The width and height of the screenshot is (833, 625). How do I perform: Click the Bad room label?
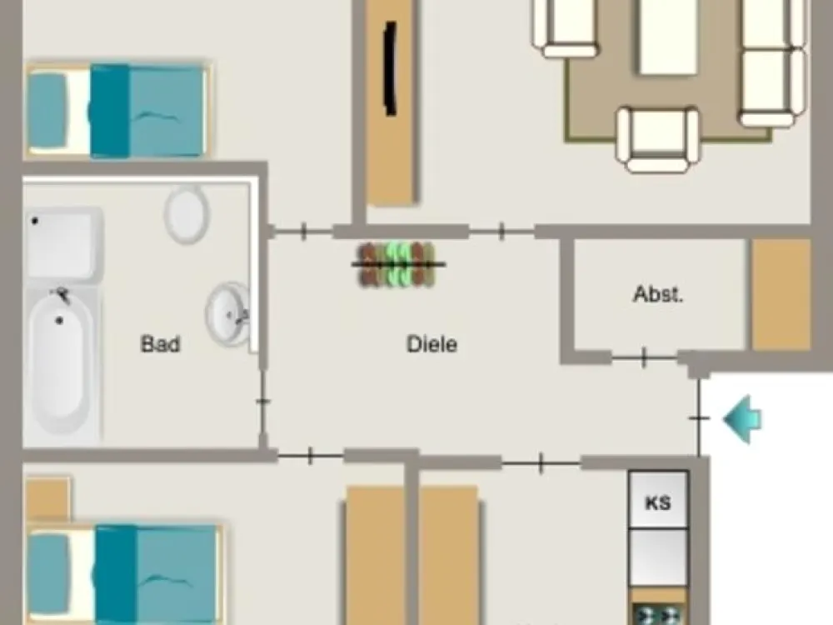[x=161, y=344]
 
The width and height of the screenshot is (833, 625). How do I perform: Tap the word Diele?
[x=431, y=344]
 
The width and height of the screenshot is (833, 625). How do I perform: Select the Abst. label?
[x=658, y=294]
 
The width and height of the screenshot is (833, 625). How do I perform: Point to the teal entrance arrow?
[x=743, y=419]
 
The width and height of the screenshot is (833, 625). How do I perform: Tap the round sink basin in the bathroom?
[x=228, y=313]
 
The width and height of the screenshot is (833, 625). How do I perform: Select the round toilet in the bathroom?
[x=187, y=214]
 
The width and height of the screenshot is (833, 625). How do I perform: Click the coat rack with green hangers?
[x=398, y=264]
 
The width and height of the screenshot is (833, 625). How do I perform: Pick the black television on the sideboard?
[x=391, y=68]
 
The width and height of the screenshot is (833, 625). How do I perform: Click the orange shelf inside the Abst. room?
[x=781, y=294]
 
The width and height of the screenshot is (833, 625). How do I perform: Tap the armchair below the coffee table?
[x=658, y=140]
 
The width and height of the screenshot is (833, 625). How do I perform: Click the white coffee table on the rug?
[x=668, y=37]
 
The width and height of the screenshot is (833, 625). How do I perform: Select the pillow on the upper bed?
[x=47, y=111]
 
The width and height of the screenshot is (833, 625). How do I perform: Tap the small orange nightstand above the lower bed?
[x=47, y=499]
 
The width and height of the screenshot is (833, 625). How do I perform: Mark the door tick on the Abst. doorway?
[x=644, y=357]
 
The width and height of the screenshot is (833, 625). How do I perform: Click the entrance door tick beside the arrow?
[x=699, y=418]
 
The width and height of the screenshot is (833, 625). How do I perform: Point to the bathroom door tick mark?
[x=263, y=401]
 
